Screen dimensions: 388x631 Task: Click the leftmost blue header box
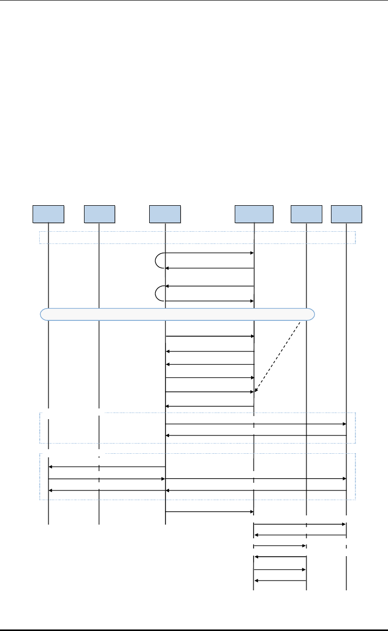[x=48, y=214]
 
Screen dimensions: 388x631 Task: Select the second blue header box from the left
[x=99, y=214]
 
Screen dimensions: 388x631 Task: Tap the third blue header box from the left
[x=165, y=214]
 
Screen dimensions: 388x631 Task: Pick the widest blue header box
[x=254, y=214]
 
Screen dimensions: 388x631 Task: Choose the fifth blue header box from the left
[x=306, y=214]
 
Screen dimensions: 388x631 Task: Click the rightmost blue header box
[x=346, y=214]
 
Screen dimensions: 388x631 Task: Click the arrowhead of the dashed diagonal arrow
[x=256, y=390]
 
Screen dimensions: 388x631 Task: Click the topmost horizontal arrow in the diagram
[x=209, y=253]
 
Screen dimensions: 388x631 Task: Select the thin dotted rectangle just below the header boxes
[x=197, y=238]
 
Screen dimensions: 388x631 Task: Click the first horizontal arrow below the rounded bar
[x=209, y=336]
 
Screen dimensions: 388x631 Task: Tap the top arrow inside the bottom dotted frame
[x=107, y=467]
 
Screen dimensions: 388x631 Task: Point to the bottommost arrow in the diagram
[x=280, y=580]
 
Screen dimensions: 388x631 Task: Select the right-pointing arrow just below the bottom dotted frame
[x=209, y=511]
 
